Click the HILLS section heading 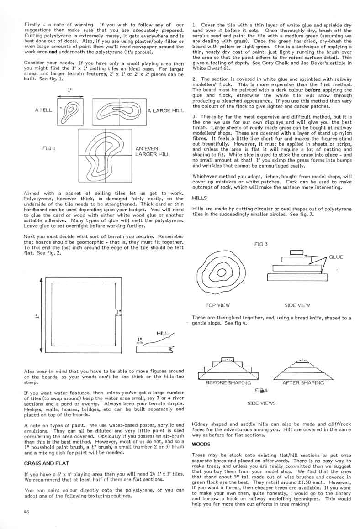pyautogui.click(x=200, y=198)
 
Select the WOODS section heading pyautogui.click(x=201, y=444)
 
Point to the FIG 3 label pyautogui.click(x=260, y=244)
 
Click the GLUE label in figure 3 pyautogui.click(x=336, y=257)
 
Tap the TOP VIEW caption pyautogui.click(x=217, y=305)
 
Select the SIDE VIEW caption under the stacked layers pyautogui.click(x=297, y=305)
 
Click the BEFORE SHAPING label pyautogui.click(x=228, y=382)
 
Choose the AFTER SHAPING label pyautogui.click(x=303, y=382)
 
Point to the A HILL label pyautogui.click(x=43, y=110)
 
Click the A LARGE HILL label pyautogui.click(x=165, y=111)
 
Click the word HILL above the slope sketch pyautogui.click(x=162, y=334)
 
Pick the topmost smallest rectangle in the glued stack pyautogui.click(x=296, y=252)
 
